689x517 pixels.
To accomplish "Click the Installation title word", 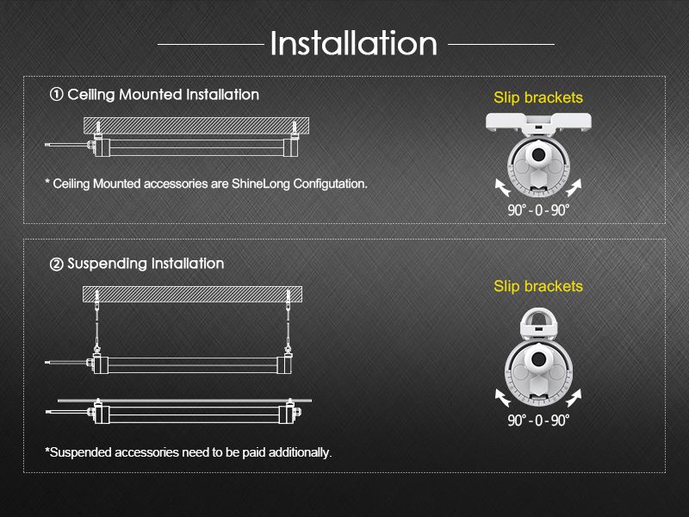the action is tap(354, 43).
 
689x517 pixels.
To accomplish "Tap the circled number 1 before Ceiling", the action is tap(56, 95).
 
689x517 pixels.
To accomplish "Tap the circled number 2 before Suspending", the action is tap(56, 265).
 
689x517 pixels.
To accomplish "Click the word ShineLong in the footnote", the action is tap(261, 184).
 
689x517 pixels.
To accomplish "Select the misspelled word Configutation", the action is tap(330, 184).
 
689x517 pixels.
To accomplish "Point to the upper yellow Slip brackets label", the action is tap(537, 97).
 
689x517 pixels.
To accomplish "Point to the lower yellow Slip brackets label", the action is tap(537, 286).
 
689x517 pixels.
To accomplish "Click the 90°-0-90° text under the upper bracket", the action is tap(538, 210).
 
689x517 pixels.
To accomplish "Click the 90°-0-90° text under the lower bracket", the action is tap(538, 420).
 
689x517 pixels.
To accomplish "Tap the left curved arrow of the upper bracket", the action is tap(501, 188).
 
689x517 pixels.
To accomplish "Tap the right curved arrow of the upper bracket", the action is tap(574, 188).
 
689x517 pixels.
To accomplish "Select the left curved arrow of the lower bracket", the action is tap(501, 398).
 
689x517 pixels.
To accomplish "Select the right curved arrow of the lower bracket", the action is tap(574, 398).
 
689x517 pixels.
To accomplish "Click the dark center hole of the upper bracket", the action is tap(537, 154).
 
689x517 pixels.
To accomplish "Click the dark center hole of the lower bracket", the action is tap(538, 359).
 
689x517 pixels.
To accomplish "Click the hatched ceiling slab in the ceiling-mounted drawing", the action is tap(196, 126).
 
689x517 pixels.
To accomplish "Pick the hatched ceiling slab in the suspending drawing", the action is tap(192, 294).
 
